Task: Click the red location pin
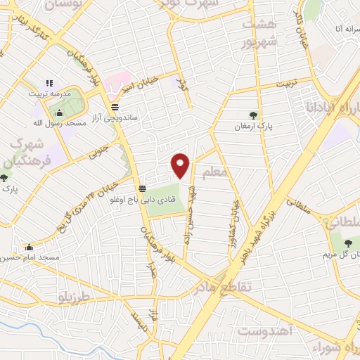tap(181, 166)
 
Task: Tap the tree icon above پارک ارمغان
tap(253, 115)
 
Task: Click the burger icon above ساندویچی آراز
tap(115, 107)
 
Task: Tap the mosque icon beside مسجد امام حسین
tap(29, 247)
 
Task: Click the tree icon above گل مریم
tap(349, 243)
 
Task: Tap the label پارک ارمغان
tap(254, 127)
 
